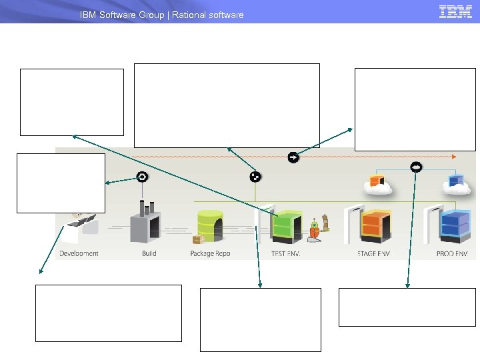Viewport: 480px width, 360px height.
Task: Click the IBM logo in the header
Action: tap(455, 12)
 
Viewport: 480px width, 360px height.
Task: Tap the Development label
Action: tap(79, 254)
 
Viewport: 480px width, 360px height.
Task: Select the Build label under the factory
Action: tap(149, 254)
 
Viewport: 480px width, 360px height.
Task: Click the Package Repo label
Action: tap(210, 254)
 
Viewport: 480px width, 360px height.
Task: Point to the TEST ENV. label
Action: tap(286, 254)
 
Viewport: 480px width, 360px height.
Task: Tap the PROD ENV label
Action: tap(452, 254)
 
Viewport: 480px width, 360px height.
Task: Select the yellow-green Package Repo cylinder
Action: tap(211, 225)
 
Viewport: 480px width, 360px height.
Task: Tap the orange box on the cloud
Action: tap(377, 180)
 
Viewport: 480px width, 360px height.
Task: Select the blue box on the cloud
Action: tap(456, 180)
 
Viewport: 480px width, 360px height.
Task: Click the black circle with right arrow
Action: tap(293, 157)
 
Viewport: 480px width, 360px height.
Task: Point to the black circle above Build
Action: tap(141, 177)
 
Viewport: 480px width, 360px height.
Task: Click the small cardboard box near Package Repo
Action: tap(197, 239)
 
